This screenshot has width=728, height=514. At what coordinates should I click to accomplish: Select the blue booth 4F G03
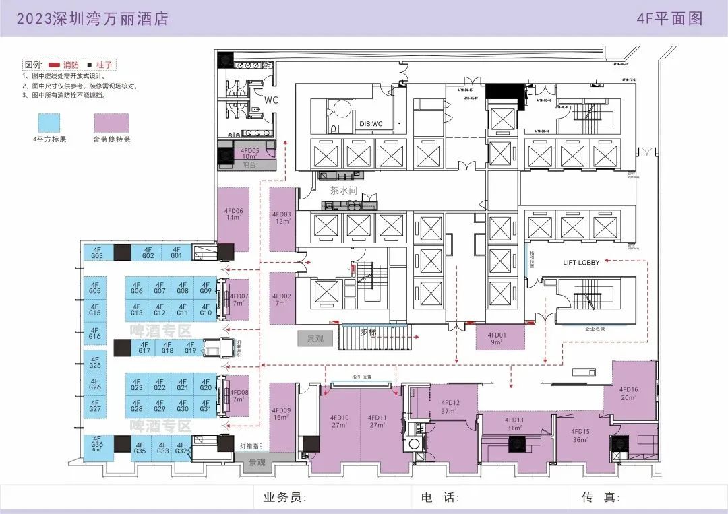(96, 253)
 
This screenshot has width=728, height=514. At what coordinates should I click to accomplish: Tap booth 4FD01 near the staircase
(497, 338)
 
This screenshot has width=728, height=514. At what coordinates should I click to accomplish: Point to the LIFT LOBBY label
(581, 261)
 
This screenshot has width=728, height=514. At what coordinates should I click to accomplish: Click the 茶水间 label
(343, 191)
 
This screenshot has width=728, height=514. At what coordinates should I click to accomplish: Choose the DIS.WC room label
(371, 124)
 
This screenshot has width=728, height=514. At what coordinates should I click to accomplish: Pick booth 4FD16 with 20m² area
(628, 393)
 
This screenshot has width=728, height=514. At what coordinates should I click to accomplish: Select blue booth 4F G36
(97, 447)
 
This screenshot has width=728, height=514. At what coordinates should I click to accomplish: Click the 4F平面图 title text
(669, 18)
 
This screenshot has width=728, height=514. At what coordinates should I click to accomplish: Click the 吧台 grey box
(249, 165)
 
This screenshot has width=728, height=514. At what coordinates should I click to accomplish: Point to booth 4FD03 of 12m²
(281, 220)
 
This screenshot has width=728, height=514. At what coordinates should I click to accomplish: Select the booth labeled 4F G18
(167, 348)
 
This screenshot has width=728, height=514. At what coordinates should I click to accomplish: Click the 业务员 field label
(285, 498)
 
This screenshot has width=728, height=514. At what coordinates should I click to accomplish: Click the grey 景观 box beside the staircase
(315, 338)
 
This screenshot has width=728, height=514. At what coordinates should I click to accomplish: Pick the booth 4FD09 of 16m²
(282, 414)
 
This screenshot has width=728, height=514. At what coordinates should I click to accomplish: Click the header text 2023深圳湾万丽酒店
(92, 18)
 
